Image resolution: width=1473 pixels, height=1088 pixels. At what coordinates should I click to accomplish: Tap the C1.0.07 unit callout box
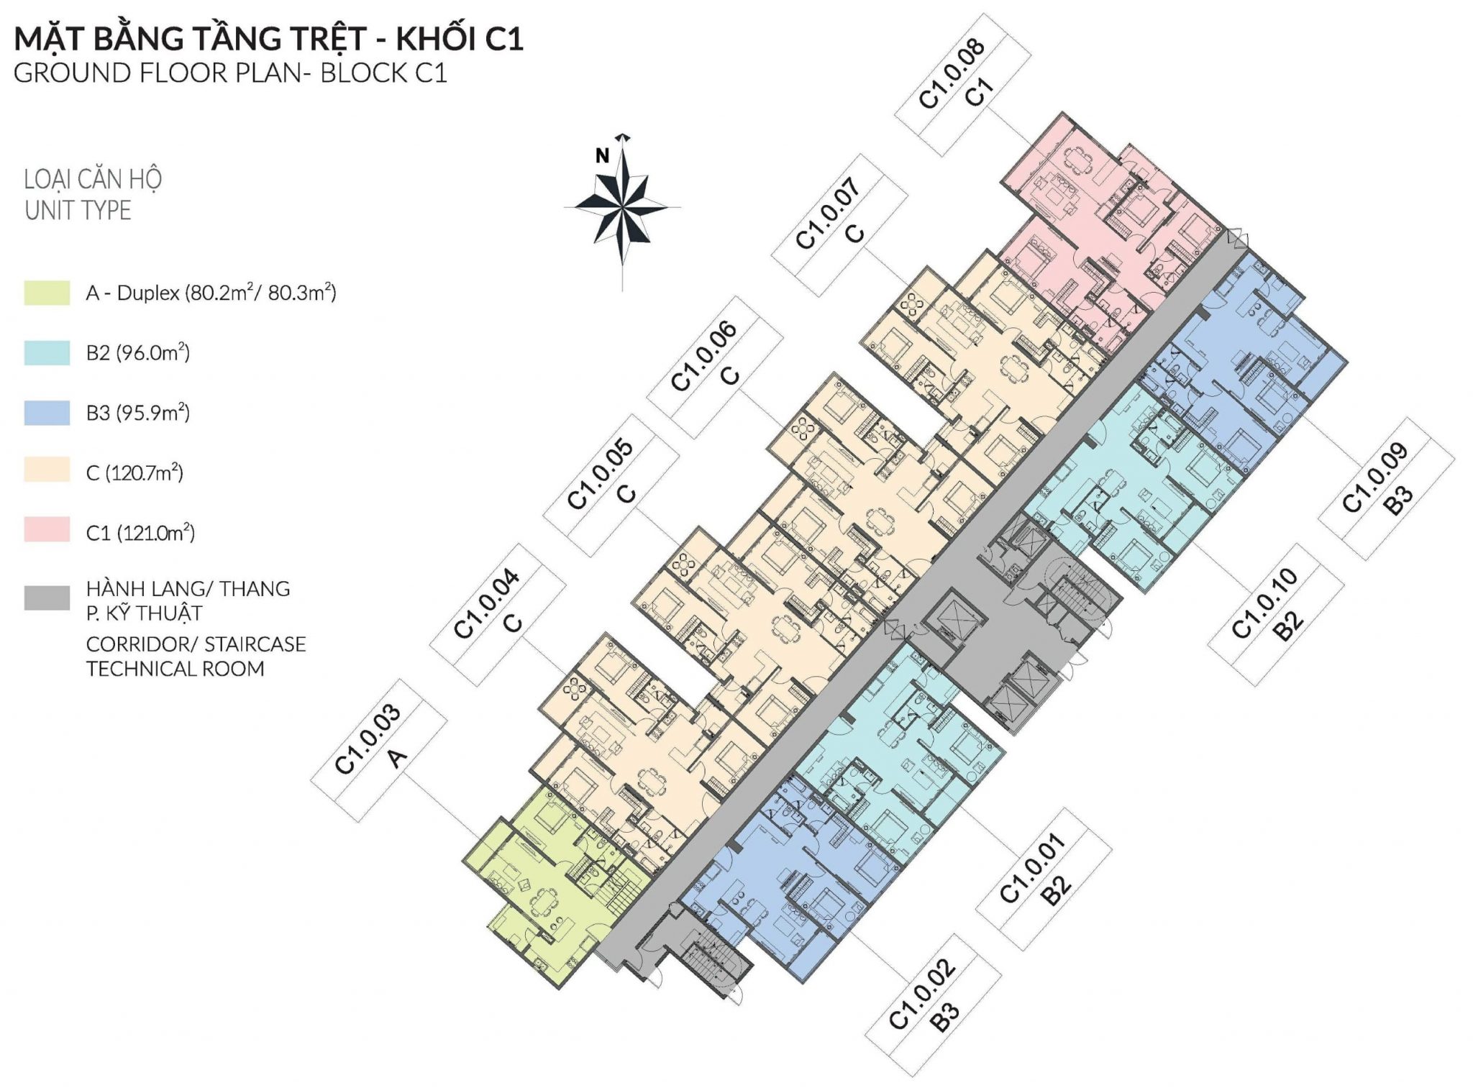pos(839,225)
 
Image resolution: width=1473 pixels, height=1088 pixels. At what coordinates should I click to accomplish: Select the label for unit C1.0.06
pos(715,367)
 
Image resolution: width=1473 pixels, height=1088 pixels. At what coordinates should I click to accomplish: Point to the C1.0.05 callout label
pos(611,485)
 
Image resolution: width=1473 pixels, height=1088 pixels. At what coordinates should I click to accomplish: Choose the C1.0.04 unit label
pos(498,614)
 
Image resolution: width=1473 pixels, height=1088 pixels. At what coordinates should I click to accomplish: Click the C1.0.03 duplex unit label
pos(379,750)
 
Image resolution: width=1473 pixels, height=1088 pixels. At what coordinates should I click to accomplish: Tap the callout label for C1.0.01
pos(1044,879)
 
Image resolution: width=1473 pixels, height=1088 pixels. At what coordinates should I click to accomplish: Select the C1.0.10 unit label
pos(1276,614)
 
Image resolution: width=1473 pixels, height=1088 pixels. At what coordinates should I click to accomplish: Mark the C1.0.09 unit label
pos(1387,488)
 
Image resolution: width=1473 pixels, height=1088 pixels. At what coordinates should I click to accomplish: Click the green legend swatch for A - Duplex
pos(47,293)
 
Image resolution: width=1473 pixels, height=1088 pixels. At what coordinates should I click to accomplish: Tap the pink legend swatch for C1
pos(47,529)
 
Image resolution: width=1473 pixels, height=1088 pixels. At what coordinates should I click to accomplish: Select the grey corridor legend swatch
pos(47,598)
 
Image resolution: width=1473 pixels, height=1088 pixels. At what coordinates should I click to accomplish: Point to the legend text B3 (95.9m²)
pos(138,413)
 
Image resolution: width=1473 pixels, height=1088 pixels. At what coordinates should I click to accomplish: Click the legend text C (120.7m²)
pos(134,472)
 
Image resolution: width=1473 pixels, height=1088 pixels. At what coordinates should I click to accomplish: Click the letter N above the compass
pos(602,155)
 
